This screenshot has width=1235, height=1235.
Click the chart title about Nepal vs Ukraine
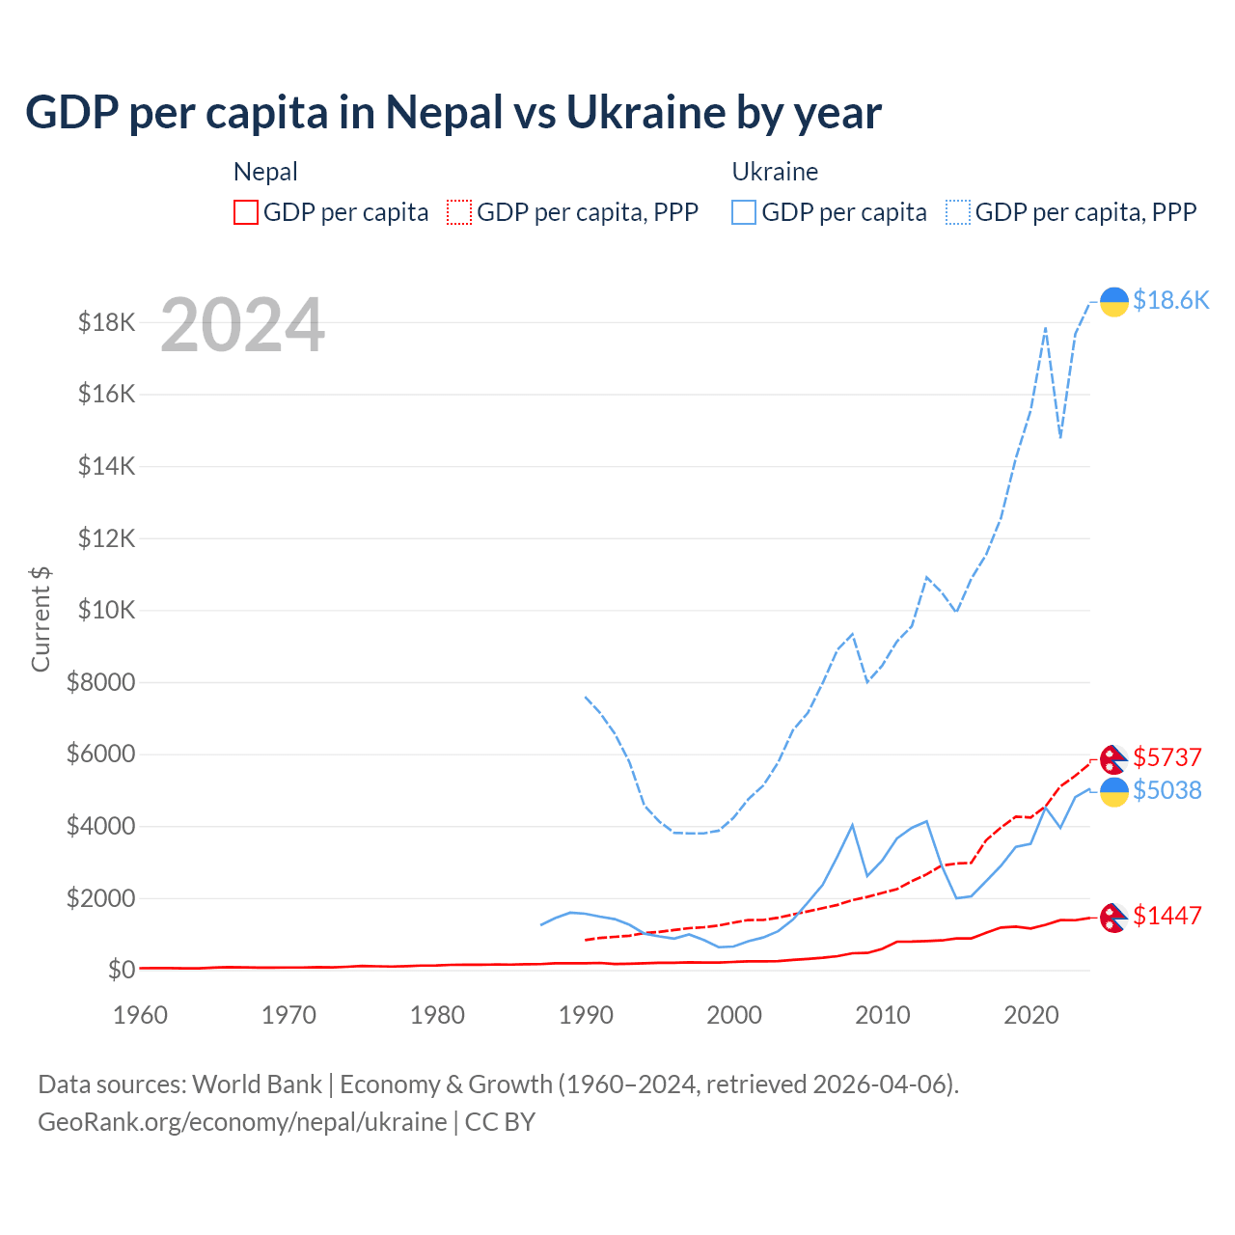click(x=453, y=113)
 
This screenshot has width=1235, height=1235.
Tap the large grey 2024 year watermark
click(x=242, y=326)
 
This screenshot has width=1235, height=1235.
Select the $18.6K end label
click(x=1170, y=301)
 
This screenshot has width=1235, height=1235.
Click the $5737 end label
click(x=1167, y=757)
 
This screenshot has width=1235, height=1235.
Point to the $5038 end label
click(x=1167, y=791)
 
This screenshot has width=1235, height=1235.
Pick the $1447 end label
click(x=1167, y=916)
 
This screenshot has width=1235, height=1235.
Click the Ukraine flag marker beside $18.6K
click(x=1114, y=302)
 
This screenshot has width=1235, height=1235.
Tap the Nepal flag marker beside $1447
click(x=1114, y=918)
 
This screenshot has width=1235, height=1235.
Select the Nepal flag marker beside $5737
click(x=1114, y=759)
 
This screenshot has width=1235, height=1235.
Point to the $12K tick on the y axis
click(x=107, y=538)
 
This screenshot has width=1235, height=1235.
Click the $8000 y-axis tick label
click(x=101, y=683)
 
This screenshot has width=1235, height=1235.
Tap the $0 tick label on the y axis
click(x=122, y=970)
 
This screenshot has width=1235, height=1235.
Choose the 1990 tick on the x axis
click(x=586, y=1016)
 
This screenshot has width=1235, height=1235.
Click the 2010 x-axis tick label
click(x=883, y=1016)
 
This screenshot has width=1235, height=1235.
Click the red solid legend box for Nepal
click(x=246, y=212)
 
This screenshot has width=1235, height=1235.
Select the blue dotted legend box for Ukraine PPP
click(x=958, y=212)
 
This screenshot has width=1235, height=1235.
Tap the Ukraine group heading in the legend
click(x=775, y=172)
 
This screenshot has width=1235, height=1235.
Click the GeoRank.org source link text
click(x=242, y=1122)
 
